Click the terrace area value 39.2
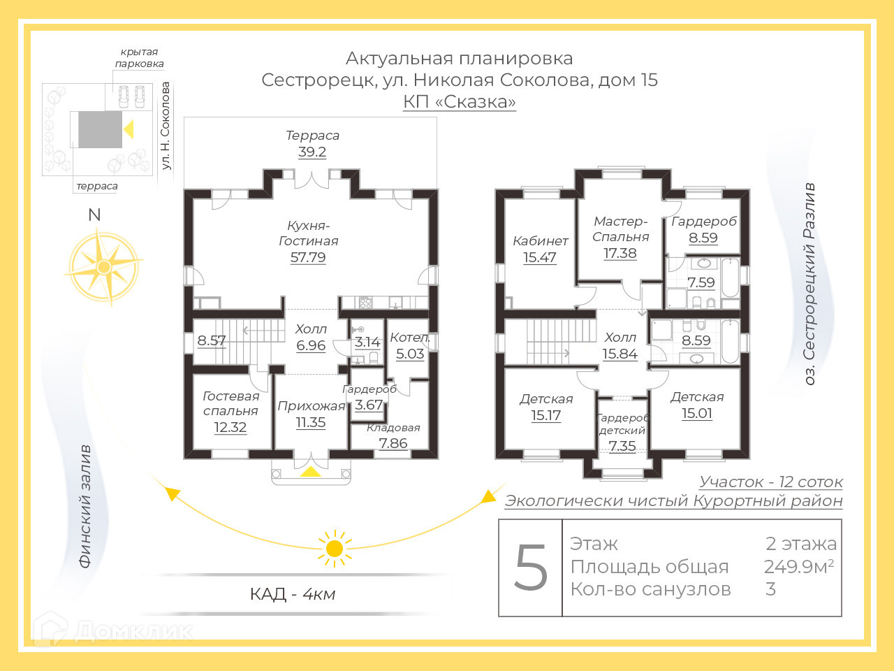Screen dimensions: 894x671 312,152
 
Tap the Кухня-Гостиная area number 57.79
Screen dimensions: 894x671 308,257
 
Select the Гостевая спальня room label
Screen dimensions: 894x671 231,403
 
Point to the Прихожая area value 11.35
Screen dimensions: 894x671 311,422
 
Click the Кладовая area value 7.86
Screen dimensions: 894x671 393,443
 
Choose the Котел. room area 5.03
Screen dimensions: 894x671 410,354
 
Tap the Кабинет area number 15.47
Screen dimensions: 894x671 540,257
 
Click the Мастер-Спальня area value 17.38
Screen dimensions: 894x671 620,253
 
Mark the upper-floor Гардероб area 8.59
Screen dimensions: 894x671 703,238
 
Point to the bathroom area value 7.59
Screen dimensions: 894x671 701,282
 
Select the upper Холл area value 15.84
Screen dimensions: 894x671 620,354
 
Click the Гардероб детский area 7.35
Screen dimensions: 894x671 622,446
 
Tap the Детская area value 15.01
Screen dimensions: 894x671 697,413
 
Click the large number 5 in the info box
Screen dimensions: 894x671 531,568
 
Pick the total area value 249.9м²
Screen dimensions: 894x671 799,566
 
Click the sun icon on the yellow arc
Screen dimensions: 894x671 335,547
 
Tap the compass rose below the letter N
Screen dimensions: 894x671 103,267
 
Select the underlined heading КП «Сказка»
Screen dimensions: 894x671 460,102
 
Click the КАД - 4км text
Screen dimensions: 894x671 293,594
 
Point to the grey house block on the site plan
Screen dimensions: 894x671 100,129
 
